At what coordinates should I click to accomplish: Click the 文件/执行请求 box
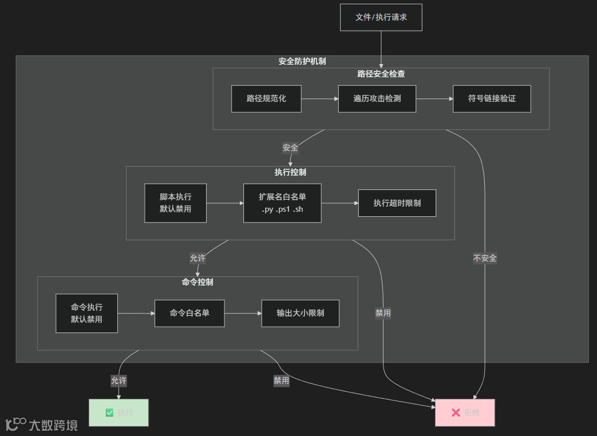coord(381,17)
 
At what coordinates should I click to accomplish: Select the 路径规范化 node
coord(266,98)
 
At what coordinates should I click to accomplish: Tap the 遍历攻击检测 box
coord(377,98)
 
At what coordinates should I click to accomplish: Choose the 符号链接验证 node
coord(492,98)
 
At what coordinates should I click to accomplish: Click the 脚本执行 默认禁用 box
coord(175,203)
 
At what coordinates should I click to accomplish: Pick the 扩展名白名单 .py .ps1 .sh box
coord(282,203)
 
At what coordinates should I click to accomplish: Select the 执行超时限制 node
coord(397,203)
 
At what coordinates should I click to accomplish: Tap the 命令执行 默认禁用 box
coord(86,313)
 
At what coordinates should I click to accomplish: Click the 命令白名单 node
coord(189,313)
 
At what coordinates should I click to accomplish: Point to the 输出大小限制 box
coord(300,313)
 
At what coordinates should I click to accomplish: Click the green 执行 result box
coord(118,413)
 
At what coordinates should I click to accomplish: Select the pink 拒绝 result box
coord(465,413)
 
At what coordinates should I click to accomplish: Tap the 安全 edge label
coord(290,148)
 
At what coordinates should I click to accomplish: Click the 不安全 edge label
coord(485,258)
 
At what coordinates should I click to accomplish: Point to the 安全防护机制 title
coord(302,61)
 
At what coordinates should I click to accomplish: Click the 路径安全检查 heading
coord(381,74)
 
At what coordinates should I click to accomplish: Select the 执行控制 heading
coord(290,172)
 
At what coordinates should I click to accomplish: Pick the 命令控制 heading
coord(197,282)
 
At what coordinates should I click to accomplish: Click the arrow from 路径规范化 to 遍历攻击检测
coord(319,98)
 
